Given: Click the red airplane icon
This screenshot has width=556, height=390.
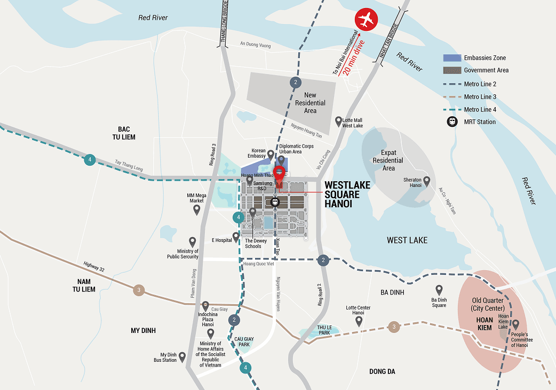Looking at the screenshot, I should point(366,20).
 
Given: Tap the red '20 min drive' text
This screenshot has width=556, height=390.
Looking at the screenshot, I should point(355,56).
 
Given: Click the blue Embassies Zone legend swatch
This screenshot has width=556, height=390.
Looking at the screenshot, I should point(451,58).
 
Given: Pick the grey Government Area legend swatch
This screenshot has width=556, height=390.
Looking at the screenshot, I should point(451,70).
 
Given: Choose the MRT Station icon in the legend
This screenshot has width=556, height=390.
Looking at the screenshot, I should point(452,122).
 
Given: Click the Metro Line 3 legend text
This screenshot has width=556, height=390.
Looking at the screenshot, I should point(480,97).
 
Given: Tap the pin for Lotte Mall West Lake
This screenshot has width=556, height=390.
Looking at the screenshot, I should point(338,121).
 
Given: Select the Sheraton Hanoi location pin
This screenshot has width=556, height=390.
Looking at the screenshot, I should point(426,182).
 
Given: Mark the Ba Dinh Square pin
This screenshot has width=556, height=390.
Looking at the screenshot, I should point(439,290).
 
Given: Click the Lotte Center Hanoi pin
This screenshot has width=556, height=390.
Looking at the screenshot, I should point(359,321).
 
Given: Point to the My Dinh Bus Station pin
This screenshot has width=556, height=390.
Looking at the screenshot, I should point(182,356).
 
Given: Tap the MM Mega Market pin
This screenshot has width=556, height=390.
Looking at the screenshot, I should point(196,209).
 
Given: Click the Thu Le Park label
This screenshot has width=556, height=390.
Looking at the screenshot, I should point(325,330).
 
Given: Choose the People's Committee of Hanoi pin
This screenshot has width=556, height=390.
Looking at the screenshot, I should point(515,324).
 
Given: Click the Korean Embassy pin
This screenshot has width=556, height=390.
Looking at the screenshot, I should point(271,155).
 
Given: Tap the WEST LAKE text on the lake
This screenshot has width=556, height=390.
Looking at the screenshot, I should point(407,240).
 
